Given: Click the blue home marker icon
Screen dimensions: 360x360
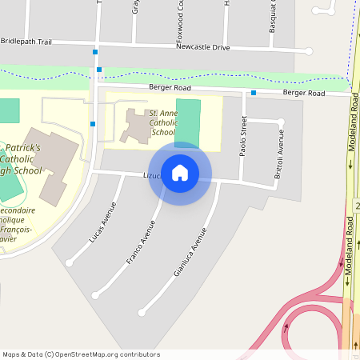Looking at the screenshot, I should pyautogui.click(x=180, y=173).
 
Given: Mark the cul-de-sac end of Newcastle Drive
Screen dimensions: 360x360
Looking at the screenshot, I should pyautogui.click(x=309, y=51).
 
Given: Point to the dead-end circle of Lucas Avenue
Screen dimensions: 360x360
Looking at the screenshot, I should pyautogui.click(x=70, y=262).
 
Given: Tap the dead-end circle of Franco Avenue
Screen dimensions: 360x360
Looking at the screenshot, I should pyautogui.click(x=95, y=295).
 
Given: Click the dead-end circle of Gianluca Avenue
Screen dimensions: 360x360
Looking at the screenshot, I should pyautogui.click(x=143, y=310).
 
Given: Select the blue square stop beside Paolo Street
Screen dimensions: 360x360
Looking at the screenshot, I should pyautogui.click(x=253, y=93).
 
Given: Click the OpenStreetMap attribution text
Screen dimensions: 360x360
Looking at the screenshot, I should pyautogui.click(x=81, y=354).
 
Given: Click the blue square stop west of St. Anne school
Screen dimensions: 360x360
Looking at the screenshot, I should pyautogui.click(x=94, y=123).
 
